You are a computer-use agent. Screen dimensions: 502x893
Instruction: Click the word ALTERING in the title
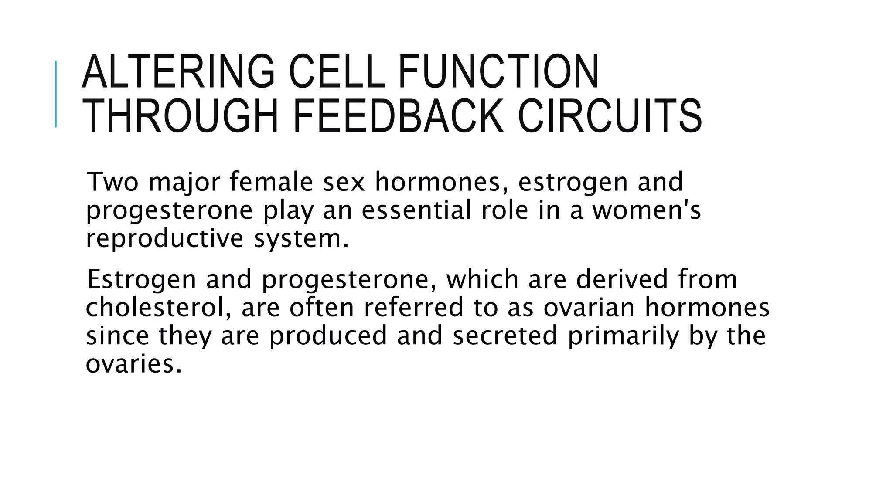pos(178,71)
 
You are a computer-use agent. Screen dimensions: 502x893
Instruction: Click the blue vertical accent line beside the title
pos(56,94)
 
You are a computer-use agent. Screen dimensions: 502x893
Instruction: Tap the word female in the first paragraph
pos(271,182)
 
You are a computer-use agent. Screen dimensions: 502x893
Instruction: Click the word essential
pos(416,210)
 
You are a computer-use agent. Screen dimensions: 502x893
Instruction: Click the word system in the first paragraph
pos(301,239)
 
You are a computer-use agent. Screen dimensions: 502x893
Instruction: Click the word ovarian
pos(589,308)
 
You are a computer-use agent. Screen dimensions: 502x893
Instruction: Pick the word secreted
pos(505,336)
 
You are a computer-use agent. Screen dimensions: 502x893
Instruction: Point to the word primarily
pos(624,336)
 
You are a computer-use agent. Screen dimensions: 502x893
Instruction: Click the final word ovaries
pos(133,364)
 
